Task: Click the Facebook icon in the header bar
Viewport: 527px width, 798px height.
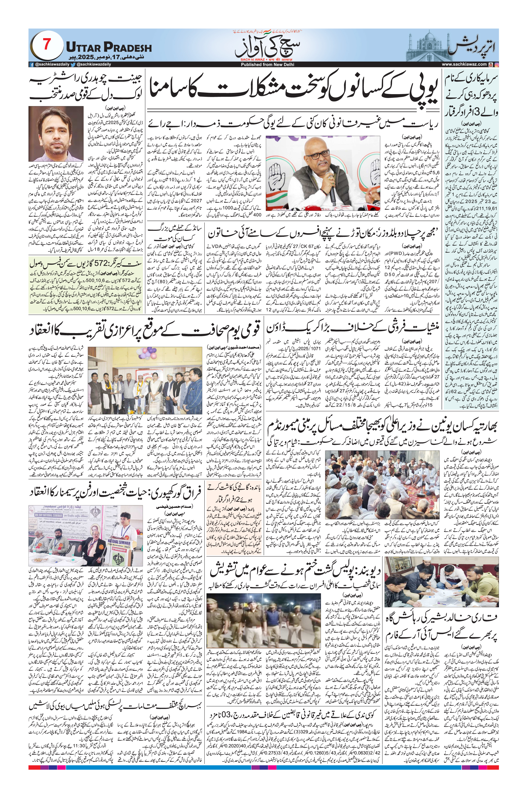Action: pos(32,64)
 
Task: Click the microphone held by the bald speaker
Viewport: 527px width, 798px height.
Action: pos(331,193)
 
